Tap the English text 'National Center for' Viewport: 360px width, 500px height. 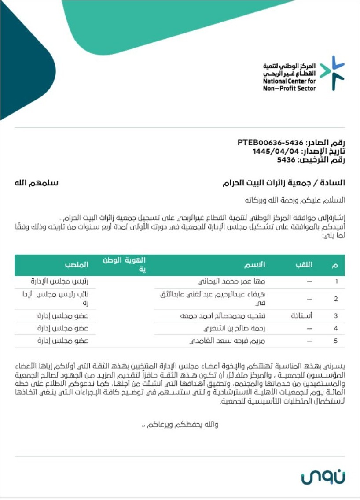289,81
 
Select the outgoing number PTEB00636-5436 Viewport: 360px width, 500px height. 271,143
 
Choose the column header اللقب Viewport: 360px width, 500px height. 304,265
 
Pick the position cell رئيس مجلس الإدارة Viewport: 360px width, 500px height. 59,281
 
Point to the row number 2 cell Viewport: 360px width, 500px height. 336,299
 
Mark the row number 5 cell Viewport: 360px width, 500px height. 336,341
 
